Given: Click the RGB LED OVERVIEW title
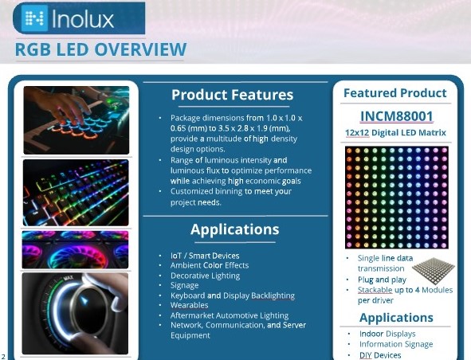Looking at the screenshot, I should [x=100, y=50].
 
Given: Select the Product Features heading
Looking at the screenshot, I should [x=232, y=95].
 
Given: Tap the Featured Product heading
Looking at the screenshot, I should [x=394, y=93].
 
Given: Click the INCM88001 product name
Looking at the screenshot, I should [x=395, y=115].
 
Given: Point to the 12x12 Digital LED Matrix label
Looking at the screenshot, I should [x=395, y=132].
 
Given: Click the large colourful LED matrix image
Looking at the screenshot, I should [x=395, y=196].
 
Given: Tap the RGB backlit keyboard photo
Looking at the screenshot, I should [x=76, y=193].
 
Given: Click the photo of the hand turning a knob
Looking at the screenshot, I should [x=76, y=311].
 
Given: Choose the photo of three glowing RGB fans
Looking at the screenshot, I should [x=76, y=249].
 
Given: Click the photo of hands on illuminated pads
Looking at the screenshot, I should [x=76, y=120].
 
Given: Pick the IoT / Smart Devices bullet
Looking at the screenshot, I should [x=205, y=256].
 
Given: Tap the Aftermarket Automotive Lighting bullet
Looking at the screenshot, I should [x=230, y=315].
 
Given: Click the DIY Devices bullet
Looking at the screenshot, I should [x=380, y=355].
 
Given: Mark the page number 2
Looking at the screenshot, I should [x=5, y=356].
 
